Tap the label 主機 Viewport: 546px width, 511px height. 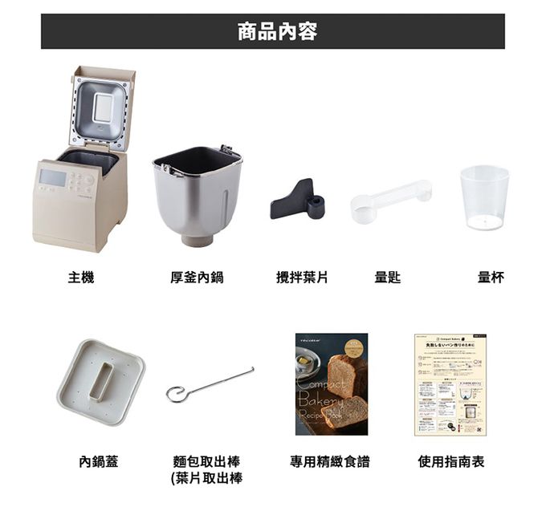(81, 278)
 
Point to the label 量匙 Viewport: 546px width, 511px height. (388, 278)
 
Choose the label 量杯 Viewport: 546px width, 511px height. (491, 278)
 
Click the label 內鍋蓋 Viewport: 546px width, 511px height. (98, 462)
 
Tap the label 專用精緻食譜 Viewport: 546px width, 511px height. (330, 462)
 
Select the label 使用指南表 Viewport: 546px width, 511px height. (450, 462)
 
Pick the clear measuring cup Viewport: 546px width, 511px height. (484, 197)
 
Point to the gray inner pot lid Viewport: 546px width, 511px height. (100, 381)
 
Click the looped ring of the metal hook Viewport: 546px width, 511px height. (175, 394)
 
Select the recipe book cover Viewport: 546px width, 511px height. (331, 384)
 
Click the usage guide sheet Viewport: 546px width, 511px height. (450, 384)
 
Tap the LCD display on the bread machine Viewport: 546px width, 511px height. (51, 177)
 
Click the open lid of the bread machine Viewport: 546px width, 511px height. (102, 108)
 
